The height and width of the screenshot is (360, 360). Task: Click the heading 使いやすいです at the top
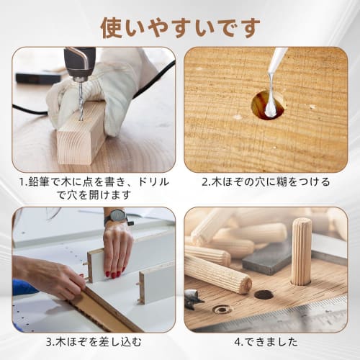(x=180, y=27)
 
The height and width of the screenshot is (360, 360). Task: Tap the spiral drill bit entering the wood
(x=80, y=105)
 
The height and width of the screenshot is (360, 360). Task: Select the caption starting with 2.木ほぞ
(x=266, y=182)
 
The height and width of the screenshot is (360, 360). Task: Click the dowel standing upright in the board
(x=301, y=253)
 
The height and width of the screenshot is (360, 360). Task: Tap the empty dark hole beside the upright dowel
(x=264, y=294)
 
